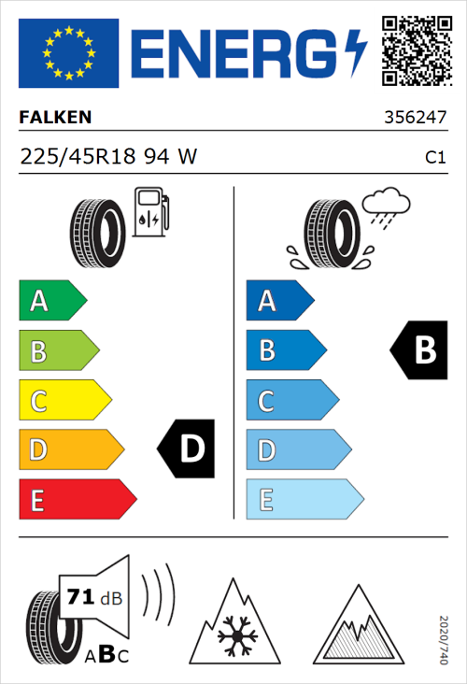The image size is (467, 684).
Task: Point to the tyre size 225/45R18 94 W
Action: [108, 157]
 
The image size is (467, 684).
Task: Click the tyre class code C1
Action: [434, 158]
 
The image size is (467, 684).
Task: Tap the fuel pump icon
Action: [150, 212]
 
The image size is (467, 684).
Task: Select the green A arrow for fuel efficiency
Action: [51, 301]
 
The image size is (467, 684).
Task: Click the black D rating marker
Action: [186, 449]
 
